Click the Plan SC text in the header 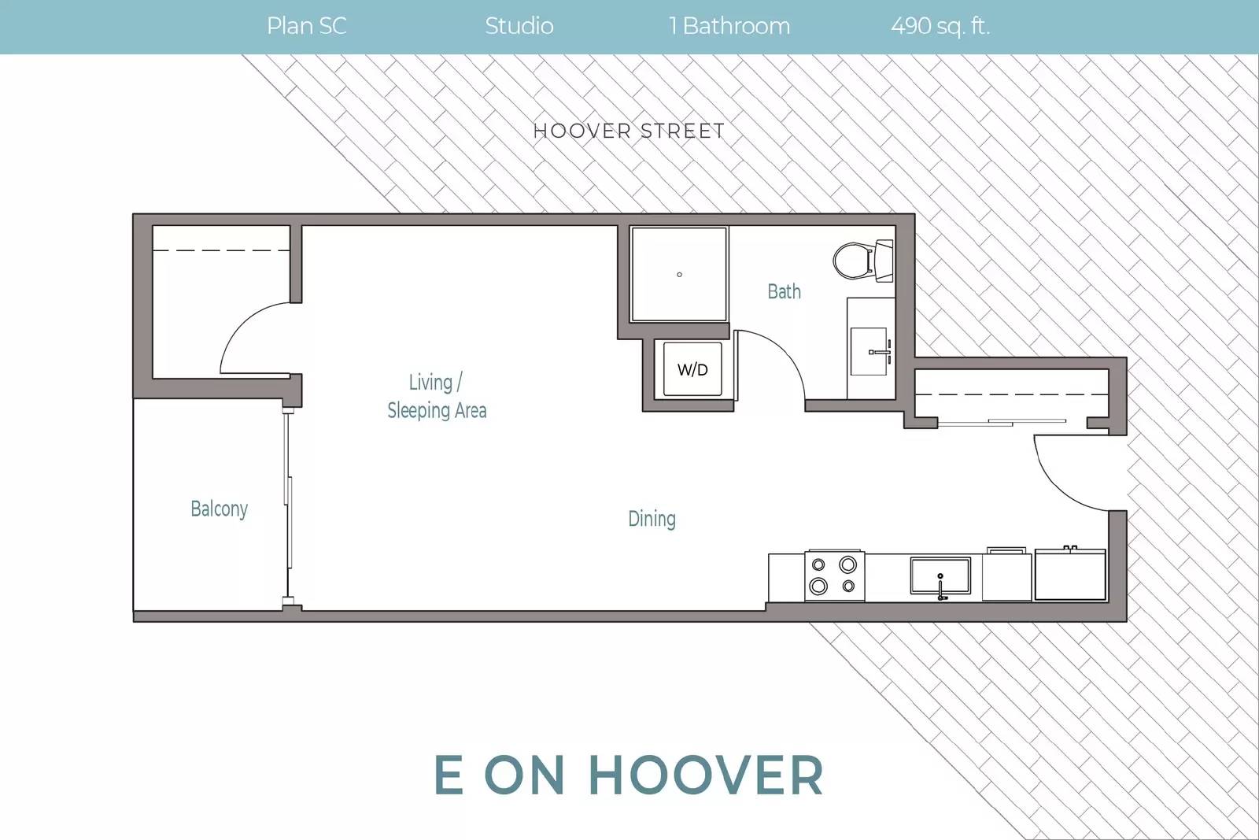pos(306,26)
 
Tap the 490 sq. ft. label pos(940,26)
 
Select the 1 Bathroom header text pos(729,26)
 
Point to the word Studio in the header pos(519,26)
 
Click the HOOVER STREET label pos(629,131)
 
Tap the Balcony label pos(220,509)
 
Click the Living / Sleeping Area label pos(437,397)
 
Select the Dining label pos(652,518)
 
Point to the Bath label pos(784,291)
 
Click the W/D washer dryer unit pos(692,369)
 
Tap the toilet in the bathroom pos(862,261)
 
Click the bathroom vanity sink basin pos(869,351)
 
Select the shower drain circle pos(680,275)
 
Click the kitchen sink pos(940,575)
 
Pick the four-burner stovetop pos(834,575)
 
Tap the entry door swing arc pos(1057,488)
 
